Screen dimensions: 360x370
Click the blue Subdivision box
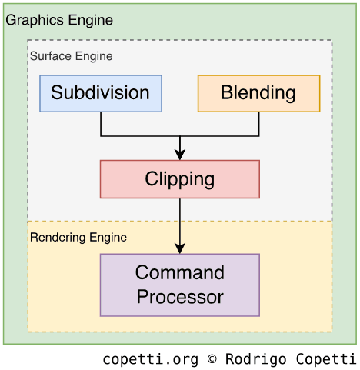[101, 93]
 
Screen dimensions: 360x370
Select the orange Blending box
[259, 93]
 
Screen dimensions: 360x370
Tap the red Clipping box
[180, 179]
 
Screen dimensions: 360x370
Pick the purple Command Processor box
[180, 285]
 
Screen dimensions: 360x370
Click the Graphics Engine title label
[59, 20]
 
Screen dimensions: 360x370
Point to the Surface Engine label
[72, 56]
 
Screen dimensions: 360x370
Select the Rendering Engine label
[78, 238]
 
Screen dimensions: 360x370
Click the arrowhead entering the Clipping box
[180, 155]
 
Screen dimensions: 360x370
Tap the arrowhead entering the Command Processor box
[180, 248]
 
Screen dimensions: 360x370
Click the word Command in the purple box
[180, 272]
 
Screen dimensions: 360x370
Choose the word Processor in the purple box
[180, 297]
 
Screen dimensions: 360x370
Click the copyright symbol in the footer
[212, 358]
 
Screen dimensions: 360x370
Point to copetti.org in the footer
[151, 359]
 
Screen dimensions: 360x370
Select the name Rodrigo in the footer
[256, 359]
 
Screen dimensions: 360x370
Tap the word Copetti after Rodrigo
[326, 359]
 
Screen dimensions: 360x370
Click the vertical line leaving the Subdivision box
[101, 124]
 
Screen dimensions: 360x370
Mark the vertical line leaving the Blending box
[259, 124]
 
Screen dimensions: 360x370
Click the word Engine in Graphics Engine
[91, 21]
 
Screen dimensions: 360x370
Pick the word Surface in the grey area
[51, 56]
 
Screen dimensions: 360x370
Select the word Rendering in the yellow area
[58, 238]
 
